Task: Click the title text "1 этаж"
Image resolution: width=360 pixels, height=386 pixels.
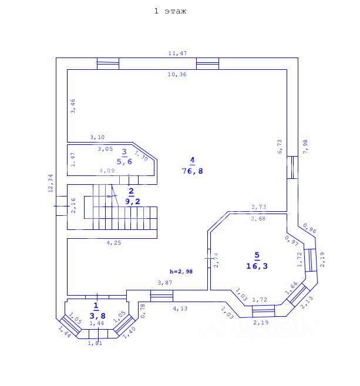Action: click(170, 11)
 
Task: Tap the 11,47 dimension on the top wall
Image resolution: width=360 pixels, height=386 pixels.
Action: click(177, 53)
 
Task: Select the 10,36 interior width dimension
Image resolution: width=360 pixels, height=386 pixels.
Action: click(177, 75)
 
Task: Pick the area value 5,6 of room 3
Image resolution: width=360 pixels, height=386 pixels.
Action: click(124, 161)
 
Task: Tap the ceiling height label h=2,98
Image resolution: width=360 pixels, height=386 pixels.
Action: click(181, 271)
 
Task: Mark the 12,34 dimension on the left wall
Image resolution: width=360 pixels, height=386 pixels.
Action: click(51, 183)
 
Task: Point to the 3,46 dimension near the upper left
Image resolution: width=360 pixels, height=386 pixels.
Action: click(73, 106)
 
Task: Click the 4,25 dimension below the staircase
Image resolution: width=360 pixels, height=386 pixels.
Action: click(113, 242)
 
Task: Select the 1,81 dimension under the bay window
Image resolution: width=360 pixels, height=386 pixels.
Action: click(95, 343)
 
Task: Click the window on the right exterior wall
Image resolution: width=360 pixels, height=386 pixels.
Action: click(292, 167)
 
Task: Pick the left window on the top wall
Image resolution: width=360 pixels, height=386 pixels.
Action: click(107, 63)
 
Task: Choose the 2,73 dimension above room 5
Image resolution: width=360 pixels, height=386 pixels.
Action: click(259, 206)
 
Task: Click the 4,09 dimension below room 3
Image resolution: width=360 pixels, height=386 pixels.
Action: click(107, 171)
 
